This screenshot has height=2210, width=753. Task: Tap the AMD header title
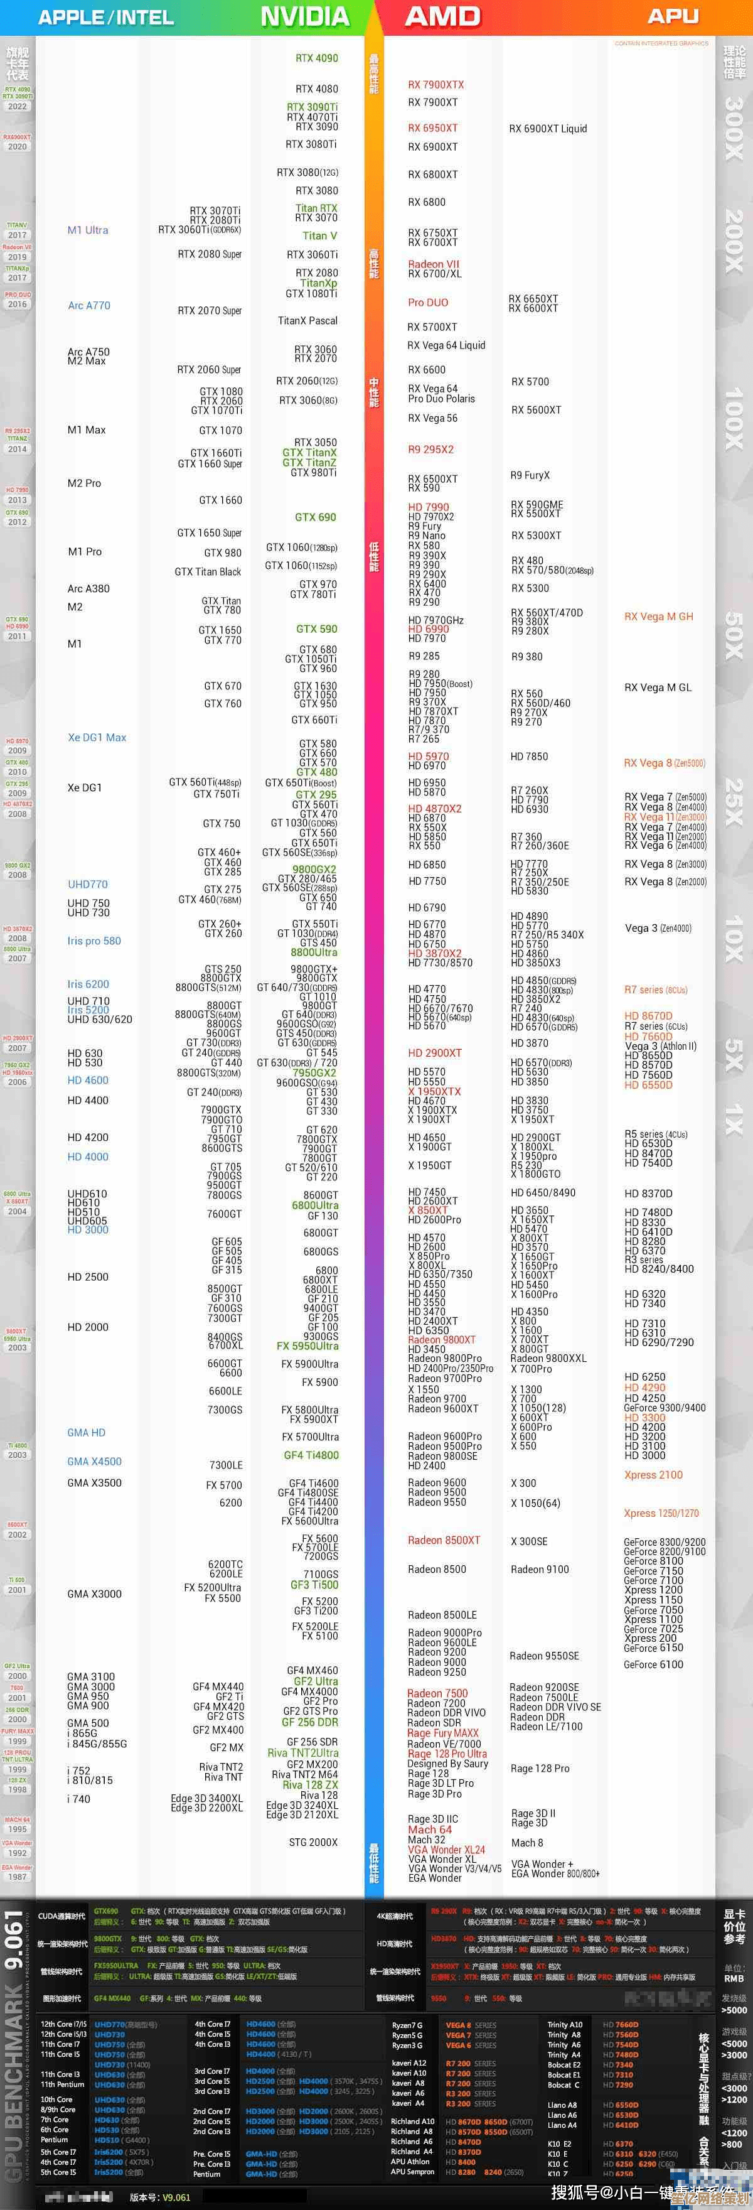point(442,16)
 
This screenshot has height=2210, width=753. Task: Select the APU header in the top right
point(673,16)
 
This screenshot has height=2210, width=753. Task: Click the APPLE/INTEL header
point(105,17)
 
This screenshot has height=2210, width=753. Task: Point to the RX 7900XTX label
point(435,84)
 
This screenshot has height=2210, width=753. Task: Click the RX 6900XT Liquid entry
point(548,129)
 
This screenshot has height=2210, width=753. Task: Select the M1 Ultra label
point(87,230)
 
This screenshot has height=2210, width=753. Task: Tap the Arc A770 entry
point(89,305)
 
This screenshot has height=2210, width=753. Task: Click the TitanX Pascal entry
point(308,321)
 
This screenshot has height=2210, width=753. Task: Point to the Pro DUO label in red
point(428,302)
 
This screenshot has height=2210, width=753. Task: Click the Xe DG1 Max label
point(97,737)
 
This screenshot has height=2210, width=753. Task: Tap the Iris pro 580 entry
point(94,941)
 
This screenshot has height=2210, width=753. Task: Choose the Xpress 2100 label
point(653,1475)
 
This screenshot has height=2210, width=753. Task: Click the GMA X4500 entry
point(94,1461)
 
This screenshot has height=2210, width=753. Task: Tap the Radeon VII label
point(433,264)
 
